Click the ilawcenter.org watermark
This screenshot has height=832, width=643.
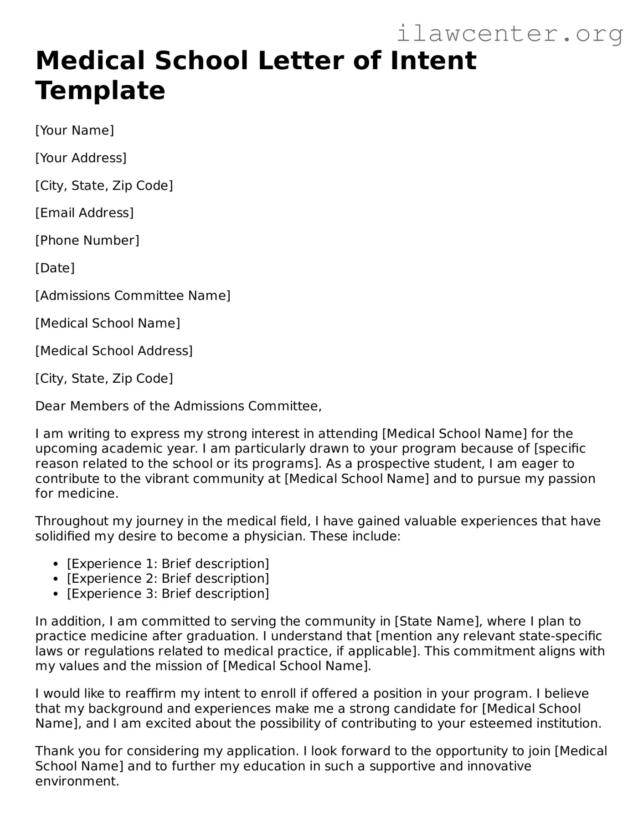point(509,33)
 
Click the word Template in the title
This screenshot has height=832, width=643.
point(100,90)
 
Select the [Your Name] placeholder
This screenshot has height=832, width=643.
point(75,130)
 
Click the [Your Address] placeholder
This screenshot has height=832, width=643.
point(81,158)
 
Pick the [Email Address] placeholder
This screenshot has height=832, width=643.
point(84,213)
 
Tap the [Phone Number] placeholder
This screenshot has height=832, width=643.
point(87,240)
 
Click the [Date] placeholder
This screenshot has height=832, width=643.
point(55,268)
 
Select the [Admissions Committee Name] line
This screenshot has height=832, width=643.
point(133,296)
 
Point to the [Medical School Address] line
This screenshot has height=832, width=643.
point(114,351)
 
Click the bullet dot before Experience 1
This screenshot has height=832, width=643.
point(56,565)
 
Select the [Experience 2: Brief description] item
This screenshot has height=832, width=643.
point(168,579)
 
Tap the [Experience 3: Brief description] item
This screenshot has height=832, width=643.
point(168,594)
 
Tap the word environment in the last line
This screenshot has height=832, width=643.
point(77,781)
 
